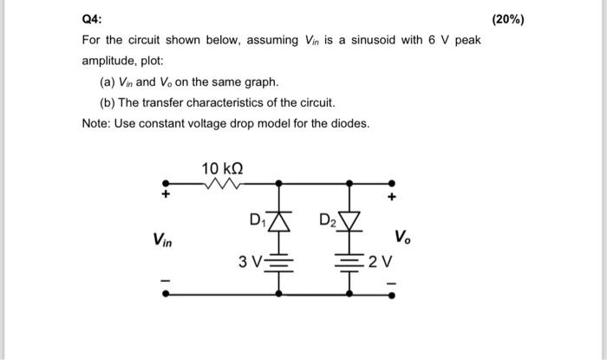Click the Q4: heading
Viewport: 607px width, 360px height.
click(x=91, y=19)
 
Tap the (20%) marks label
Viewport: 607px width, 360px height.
click(x=506, y=19)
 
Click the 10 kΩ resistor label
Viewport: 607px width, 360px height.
click(x=223, y=167)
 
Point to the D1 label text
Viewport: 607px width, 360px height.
click(x=257, y=219)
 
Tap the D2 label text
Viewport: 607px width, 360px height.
click(x=327, y=219)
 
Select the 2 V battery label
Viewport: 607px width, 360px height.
click(x=381, y=261)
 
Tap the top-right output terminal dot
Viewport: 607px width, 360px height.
click(x=392, y=184)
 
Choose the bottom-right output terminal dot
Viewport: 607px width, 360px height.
click(x=392, y=294)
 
